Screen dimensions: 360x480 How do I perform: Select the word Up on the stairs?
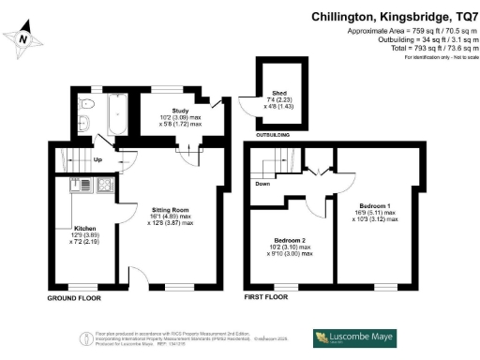tap(99, 159)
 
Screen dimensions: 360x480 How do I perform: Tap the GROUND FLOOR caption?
tap(73, 298)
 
